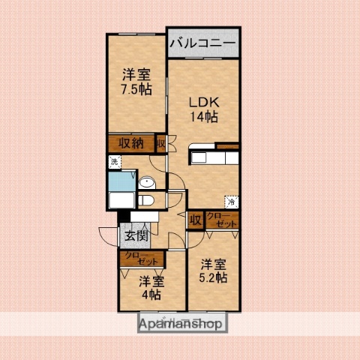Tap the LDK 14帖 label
(202, 109)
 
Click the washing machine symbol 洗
(114, 161)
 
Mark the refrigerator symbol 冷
(232, 201)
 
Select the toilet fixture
(147, 199)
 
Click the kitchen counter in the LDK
(214, 158)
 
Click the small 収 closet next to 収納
(160, 143)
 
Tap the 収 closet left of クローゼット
(194, 220)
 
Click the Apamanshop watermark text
(181, 325)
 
